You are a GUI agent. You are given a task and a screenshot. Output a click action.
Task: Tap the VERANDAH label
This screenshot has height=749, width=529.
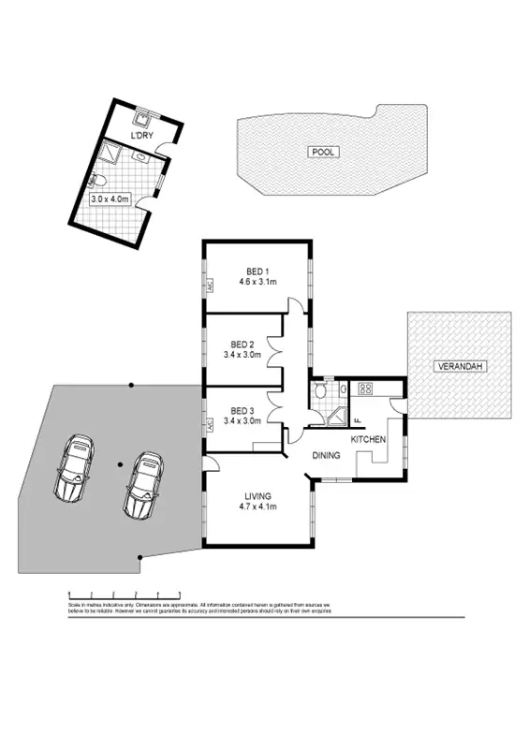click(459, 366)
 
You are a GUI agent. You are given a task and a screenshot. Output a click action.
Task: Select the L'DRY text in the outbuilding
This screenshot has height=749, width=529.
click(141, 137)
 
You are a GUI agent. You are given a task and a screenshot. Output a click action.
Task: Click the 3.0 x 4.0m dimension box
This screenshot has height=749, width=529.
click(110, 199)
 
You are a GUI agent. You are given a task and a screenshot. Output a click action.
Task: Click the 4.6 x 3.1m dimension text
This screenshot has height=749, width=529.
click(257, 282)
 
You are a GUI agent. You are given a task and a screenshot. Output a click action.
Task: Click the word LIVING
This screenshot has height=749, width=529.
click(257, 495)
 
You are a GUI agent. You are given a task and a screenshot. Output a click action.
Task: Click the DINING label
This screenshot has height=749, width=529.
click(326, 456)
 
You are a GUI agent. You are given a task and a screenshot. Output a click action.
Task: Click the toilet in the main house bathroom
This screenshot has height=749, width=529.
click(321, 390)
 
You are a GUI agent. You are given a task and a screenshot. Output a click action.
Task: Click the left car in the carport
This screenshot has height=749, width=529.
click(73, 468)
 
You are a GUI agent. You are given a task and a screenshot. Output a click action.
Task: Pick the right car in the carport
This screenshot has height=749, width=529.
click(142, 485)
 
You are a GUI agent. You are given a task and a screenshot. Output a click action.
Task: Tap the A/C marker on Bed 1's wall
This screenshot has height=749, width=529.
click(211, 284)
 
